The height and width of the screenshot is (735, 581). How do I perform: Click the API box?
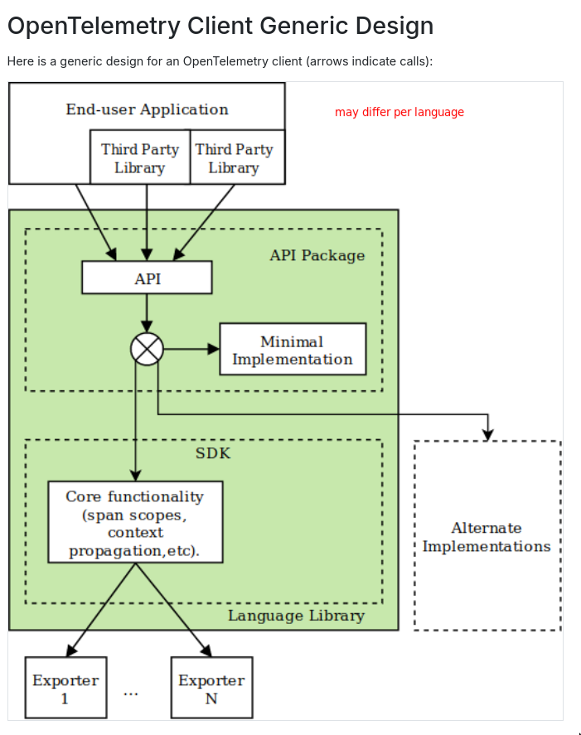pyautogui.click(x=147, y=278)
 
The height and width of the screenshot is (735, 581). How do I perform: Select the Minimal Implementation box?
pyautogui.click(x=292, y=350)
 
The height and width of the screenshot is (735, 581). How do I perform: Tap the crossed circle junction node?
pyautogui.click(x=147, y=349)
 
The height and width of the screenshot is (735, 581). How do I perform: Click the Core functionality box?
pyautogui.click(x=135, y=523)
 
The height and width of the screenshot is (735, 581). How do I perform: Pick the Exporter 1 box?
pyautogui.click(x=65, y=688)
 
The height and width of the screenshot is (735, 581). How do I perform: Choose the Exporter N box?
pyautogui.click(x=211, y=688)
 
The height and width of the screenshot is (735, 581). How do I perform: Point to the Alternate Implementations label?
pyautogui.click(x=487, y=537)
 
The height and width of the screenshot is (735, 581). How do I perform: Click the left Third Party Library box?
pyautogui.click(x=139, y=157)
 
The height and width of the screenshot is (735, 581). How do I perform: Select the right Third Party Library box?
pyautogui.click(x=235, y=157)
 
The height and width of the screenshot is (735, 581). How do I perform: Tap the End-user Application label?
pyautogui.click(x=147, y=109)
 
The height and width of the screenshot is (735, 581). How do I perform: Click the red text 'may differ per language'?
pyautogui.click(x=399, y=112)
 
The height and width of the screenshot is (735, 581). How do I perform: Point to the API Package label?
pyautogui.click(x=317, y=255)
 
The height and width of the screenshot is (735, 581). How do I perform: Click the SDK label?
pyautogui.click(x=213, y=453)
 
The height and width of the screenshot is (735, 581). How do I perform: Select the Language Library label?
pyautogui.click(x=296, y=616)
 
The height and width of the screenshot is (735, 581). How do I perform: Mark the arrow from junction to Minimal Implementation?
pyautogui.click(x=191, y=349)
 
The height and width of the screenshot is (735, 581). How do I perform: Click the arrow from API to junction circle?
pyautogui.click(x=147, y=313)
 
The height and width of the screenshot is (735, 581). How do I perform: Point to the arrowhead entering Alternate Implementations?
pyautogui.click(x=488, y=433)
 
